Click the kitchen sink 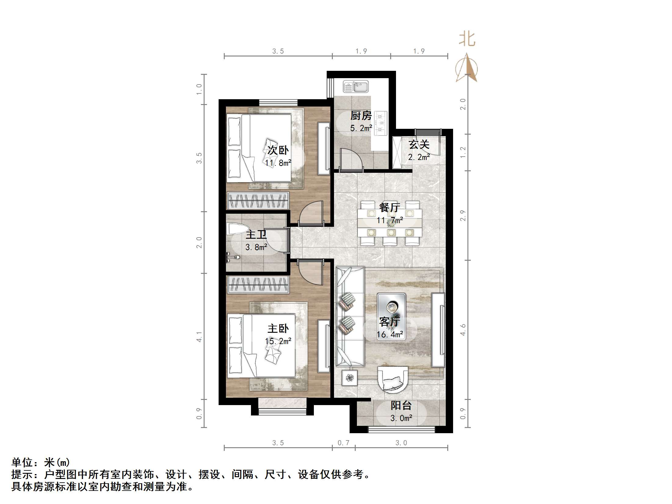pyautogui.click(x=356, y=87)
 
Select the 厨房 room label pyautogui.click(x=361, y=116)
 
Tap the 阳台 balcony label pyautogui.click(x=401, y=406)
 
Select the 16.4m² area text pyautogui.click(x=390, y=335)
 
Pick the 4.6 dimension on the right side pyautogui.click(x=463, y=330)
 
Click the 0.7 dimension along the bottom pyautogui.click(x=343, y=443)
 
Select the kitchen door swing pyautogui.click(x=351, y=158)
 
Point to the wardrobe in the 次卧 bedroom pyautogui.click(x=258, y=200)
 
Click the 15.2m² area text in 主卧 pyautogui.click(x=278, y=341)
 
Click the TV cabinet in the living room pyautogui.click(x=438, y=330)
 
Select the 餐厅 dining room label pyautogui.click(x=390, y=208)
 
